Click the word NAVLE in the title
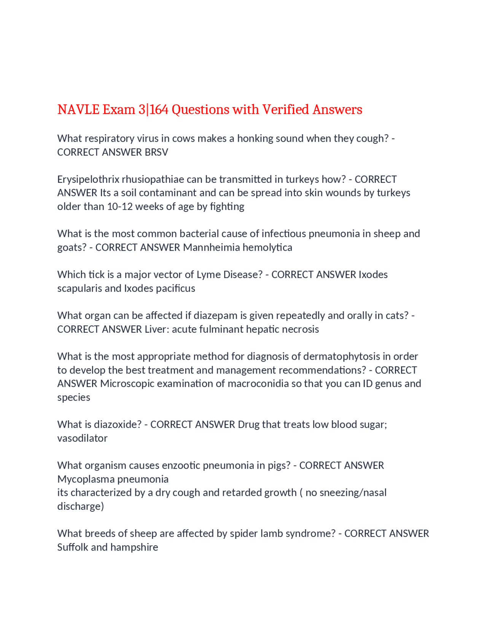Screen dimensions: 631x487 (x=78, y=110)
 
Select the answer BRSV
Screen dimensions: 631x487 (x=156, y=152)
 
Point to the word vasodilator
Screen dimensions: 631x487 (x=82, y=438)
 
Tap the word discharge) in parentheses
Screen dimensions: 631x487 (x=80, y=506)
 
